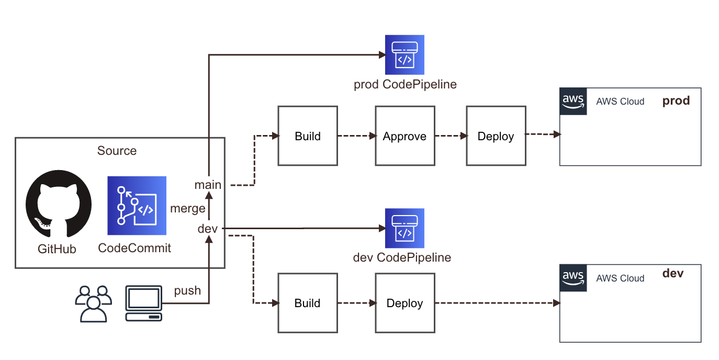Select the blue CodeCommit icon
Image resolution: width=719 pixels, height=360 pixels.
(x=137, y=206)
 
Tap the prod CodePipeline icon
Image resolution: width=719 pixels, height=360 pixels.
(x=405, y=55)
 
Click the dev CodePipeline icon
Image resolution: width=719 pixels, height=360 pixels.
(x=405, y=228)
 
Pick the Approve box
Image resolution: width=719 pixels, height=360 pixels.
(x=405, y=136)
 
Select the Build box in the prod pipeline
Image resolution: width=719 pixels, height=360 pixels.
(x=308, y=136)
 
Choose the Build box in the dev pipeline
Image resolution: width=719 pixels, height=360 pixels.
(x=308, y=303)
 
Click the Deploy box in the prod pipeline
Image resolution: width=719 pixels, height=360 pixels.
(x=496, y=136)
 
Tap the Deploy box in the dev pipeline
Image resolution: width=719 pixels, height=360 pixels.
(x=405, y=303)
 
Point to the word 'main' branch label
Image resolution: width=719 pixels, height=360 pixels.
(x=208, y=185)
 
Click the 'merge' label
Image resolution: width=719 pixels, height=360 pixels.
(x=188, y=208)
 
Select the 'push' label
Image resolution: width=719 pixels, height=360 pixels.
(x=187, y=291)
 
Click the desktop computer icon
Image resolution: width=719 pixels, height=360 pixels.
(x=143, y=303)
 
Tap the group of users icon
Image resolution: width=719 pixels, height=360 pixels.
(x=94, y=303)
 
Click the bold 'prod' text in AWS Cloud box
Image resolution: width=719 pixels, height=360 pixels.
(x=676, y=100)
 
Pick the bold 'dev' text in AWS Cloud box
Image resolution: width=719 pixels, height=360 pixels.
(x=673, y=273)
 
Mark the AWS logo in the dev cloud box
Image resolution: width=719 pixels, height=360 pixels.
(x=573, y=277)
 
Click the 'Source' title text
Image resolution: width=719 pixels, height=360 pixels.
(x=117, y=151)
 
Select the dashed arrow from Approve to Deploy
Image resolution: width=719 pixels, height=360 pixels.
(x=450, y=136)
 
